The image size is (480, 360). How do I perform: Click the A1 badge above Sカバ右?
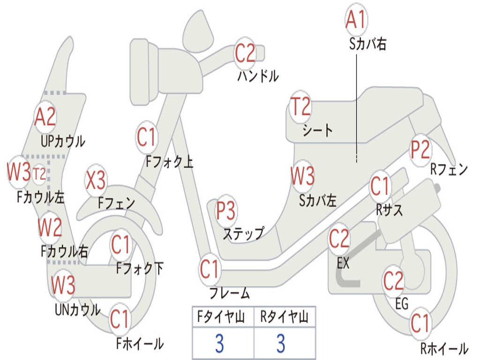[356, 20]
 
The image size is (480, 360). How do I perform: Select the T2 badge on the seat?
[300, 106]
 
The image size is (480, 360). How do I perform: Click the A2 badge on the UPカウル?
[45, 117]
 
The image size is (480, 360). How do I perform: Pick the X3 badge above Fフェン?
[96, 180]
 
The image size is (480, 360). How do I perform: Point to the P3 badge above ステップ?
[225, 210]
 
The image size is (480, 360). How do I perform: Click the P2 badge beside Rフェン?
[420, 150]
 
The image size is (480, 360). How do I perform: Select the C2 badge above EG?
[394, 281]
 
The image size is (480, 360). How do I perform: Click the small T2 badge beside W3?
[39, 174]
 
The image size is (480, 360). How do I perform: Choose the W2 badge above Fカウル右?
[50, 227]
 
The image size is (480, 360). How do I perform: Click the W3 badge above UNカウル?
[63, 285]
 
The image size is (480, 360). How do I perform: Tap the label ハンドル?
[258, 75]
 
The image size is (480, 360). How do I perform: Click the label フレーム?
[230, 293]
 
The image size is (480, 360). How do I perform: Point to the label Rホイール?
[444, 348]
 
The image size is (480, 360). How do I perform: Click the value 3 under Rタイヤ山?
[281, 343]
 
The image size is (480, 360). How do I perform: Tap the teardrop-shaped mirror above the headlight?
[198, 31]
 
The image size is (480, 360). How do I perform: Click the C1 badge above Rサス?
[380, 186]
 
